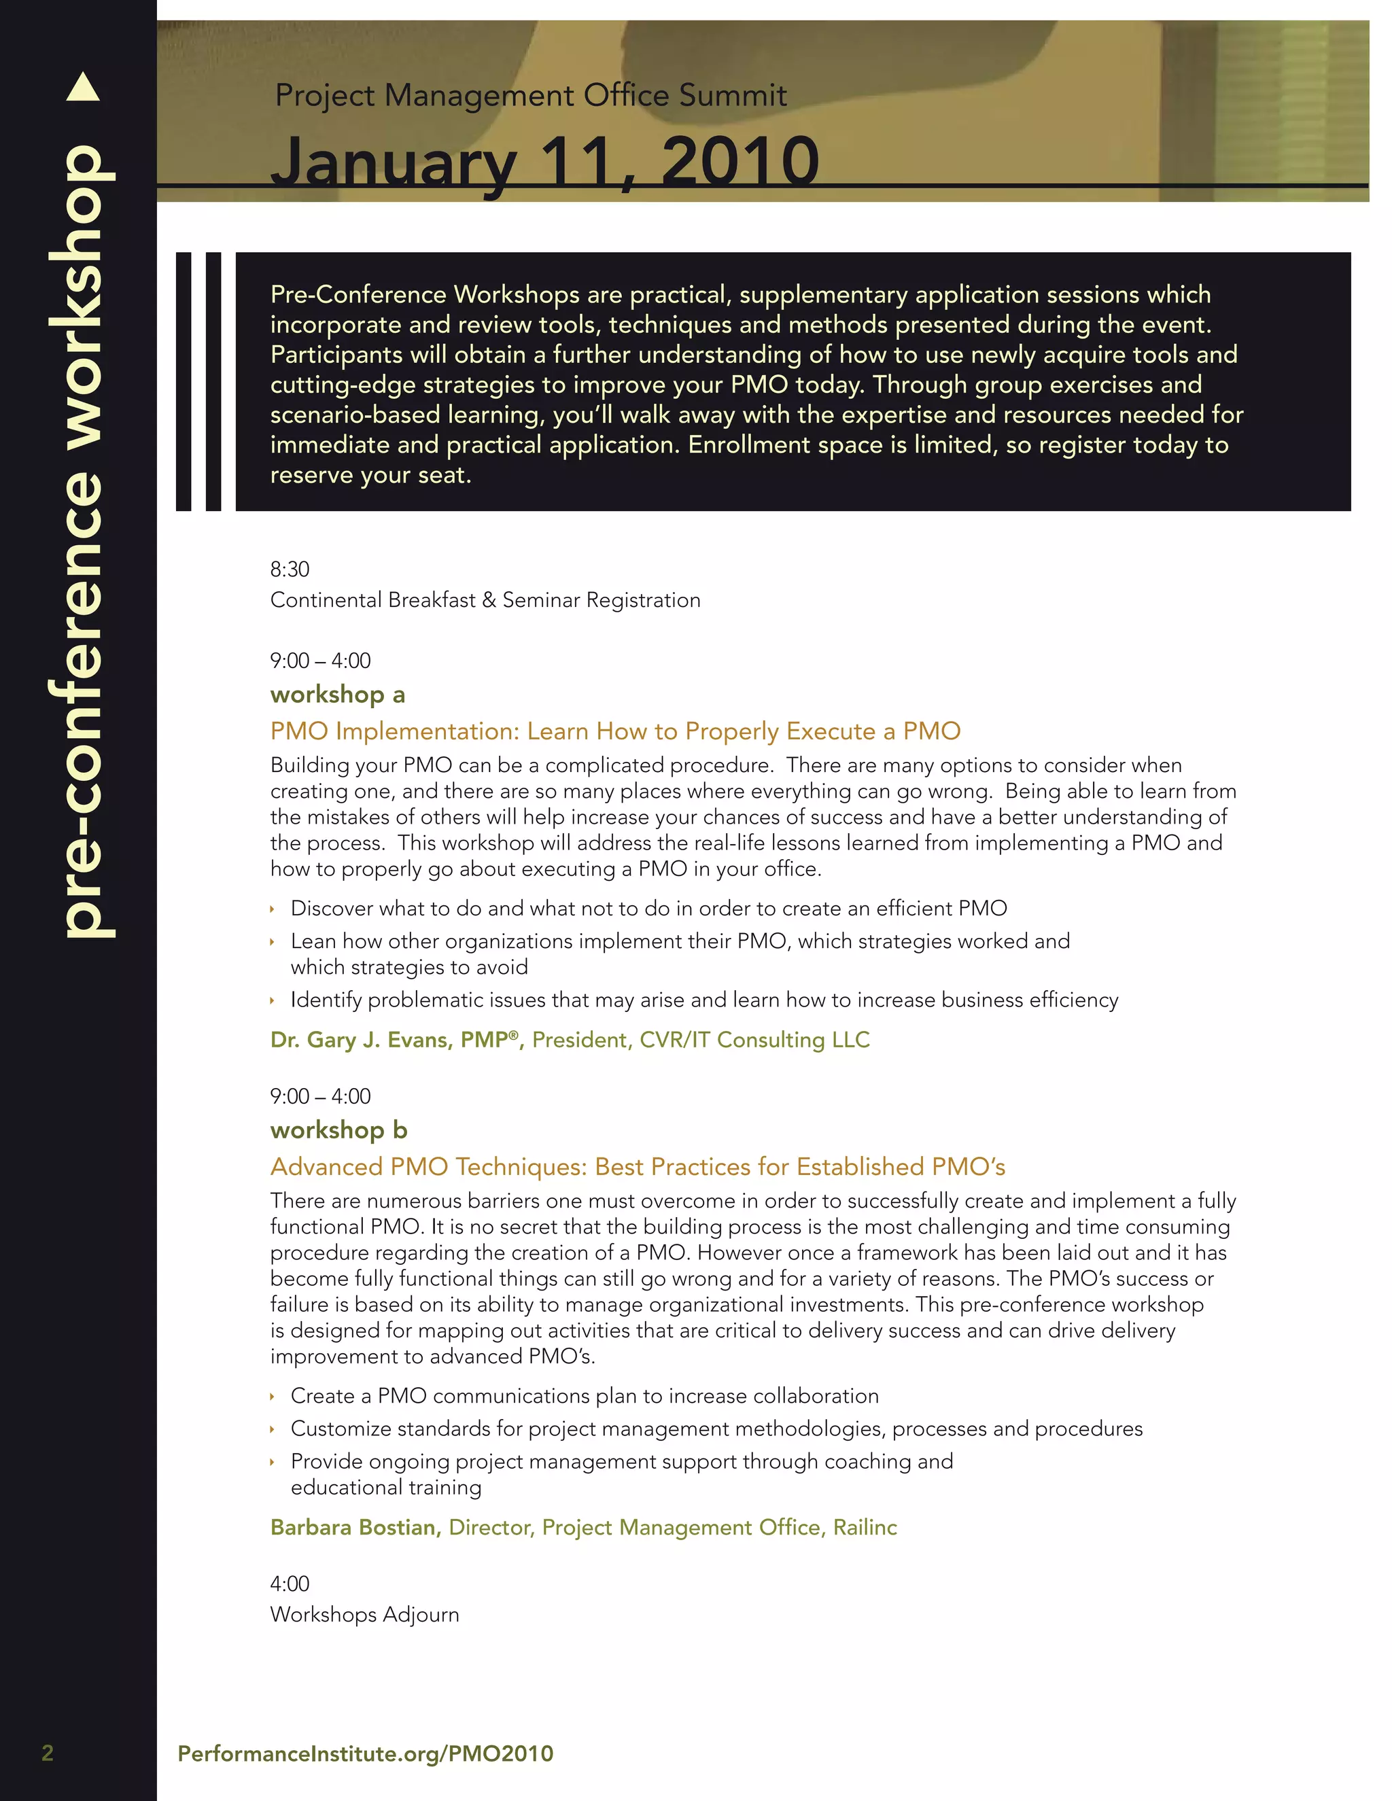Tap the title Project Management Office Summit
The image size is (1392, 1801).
tap(530, 96)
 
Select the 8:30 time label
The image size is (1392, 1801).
tap(290, 569)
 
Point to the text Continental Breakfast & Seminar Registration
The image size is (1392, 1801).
tap(485, 599)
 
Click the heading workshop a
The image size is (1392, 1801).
tap(337, 695)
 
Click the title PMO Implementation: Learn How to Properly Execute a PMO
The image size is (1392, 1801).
tap(615, 731)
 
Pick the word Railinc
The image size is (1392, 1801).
tap(865, 1527)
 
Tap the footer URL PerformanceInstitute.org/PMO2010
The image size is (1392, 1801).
tap(365, 1753)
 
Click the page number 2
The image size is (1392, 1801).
tap(48, 1753)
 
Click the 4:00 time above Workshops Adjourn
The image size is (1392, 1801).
tap(290, 1584)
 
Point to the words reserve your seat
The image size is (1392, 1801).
tap(370, 475)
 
